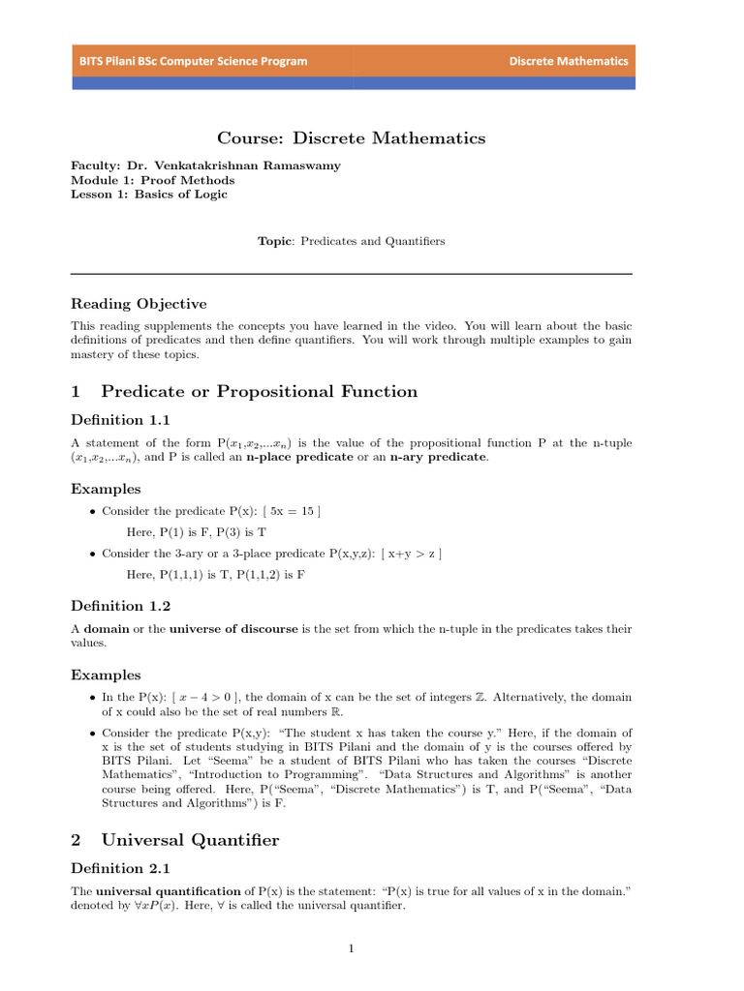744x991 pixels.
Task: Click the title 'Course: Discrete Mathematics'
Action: click(x=351, y=138)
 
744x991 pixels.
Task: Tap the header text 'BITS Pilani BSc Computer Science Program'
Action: click(x=194, y=61)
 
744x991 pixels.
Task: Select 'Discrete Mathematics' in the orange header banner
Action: click(x=569, y=61)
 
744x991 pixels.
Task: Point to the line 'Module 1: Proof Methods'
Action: click(x=153, y=180)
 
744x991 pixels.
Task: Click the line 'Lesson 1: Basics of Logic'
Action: click(x=149, y=195)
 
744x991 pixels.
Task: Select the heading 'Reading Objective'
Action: click(x=139, y=304)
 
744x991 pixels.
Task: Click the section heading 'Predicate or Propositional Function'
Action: click(x=259, y=392)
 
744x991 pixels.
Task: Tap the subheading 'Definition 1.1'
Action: click(x=120, y=420)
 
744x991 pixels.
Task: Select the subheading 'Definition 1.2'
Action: click(x=120, y=606)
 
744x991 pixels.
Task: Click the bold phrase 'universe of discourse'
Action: click(x=234, y=629)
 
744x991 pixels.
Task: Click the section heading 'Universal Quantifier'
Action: click(x=190, y=840)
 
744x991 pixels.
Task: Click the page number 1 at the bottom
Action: click(x=352, y=948)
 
